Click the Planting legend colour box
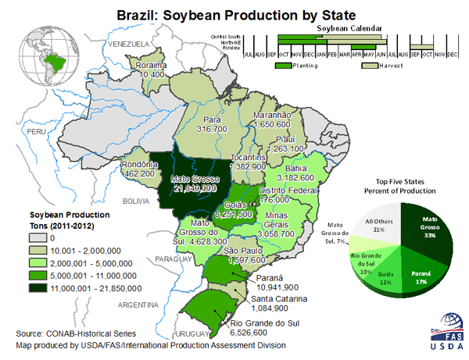coord(284,66)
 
